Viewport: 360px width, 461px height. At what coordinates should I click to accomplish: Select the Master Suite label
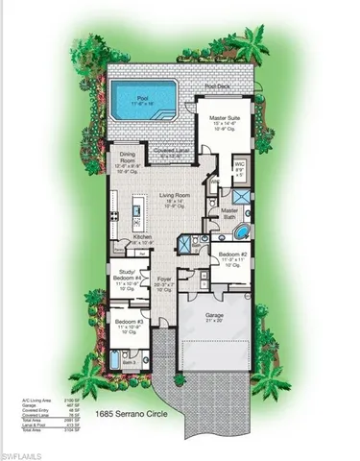[228, 121]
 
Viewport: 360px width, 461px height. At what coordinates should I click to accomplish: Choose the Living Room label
[176, 196]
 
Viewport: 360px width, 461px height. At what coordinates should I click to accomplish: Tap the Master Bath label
[229, 214]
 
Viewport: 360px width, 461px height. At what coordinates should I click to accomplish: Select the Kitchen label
[142, 239]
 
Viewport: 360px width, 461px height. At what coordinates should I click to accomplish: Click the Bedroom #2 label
[235, 255]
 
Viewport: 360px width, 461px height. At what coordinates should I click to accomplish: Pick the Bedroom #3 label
[128, 324]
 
